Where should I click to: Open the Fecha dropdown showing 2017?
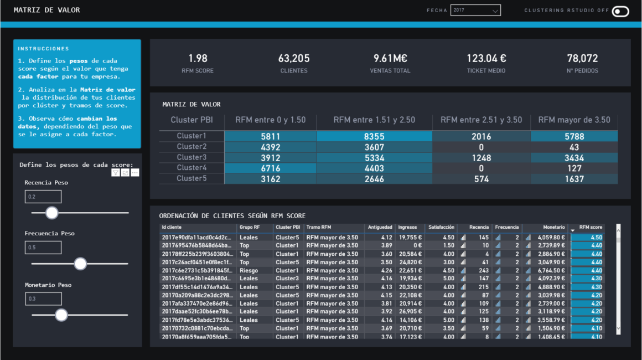pyautogui.click(x=475, y=11)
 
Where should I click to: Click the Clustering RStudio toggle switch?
pyautogui.click(x=620, y=11)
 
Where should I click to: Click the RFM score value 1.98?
pyautogui.click(x=198, y=58)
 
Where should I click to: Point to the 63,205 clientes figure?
pyautogui.click(x=294, y=58)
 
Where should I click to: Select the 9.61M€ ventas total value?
pyautogui.click(x=390, y=58)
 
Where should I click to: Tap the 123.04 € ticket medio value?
pyautogui.click(x=486, y=58)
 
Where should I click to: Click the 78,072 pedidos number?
pyautogui.click(x=582, y=58)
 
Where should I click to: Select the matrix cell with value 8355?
pyautogui.click(x=374, y=136)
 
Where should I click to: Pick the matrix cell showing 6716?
pyautogui.click(x=270, y=168)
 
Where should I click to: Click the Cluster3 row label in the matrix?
pyautogui.click(x=191, y=157)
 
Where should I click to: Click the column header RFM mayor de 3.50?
pyautogui.click(x=574, y=120)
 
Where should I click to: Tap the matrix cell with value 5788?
pyautogui.click(x=574, y=136)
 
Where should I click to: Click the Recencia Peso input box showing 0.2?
pyautogui.click(x=43, y=197)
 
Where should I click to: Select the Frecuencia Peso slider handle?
pyautogui.click(x=80, y=264)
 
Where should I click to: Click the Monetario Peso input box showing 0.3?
pyautogui.click(x=43, y=299)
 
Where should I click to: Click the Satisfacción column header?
pyautogui.click(x=441, y=227)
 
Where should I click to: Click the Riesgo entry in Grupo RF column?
pyautogui.click(x=248, y=271)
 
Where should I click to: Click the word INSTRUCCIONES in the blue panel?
pyautogui.click(x=43, y=49)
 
